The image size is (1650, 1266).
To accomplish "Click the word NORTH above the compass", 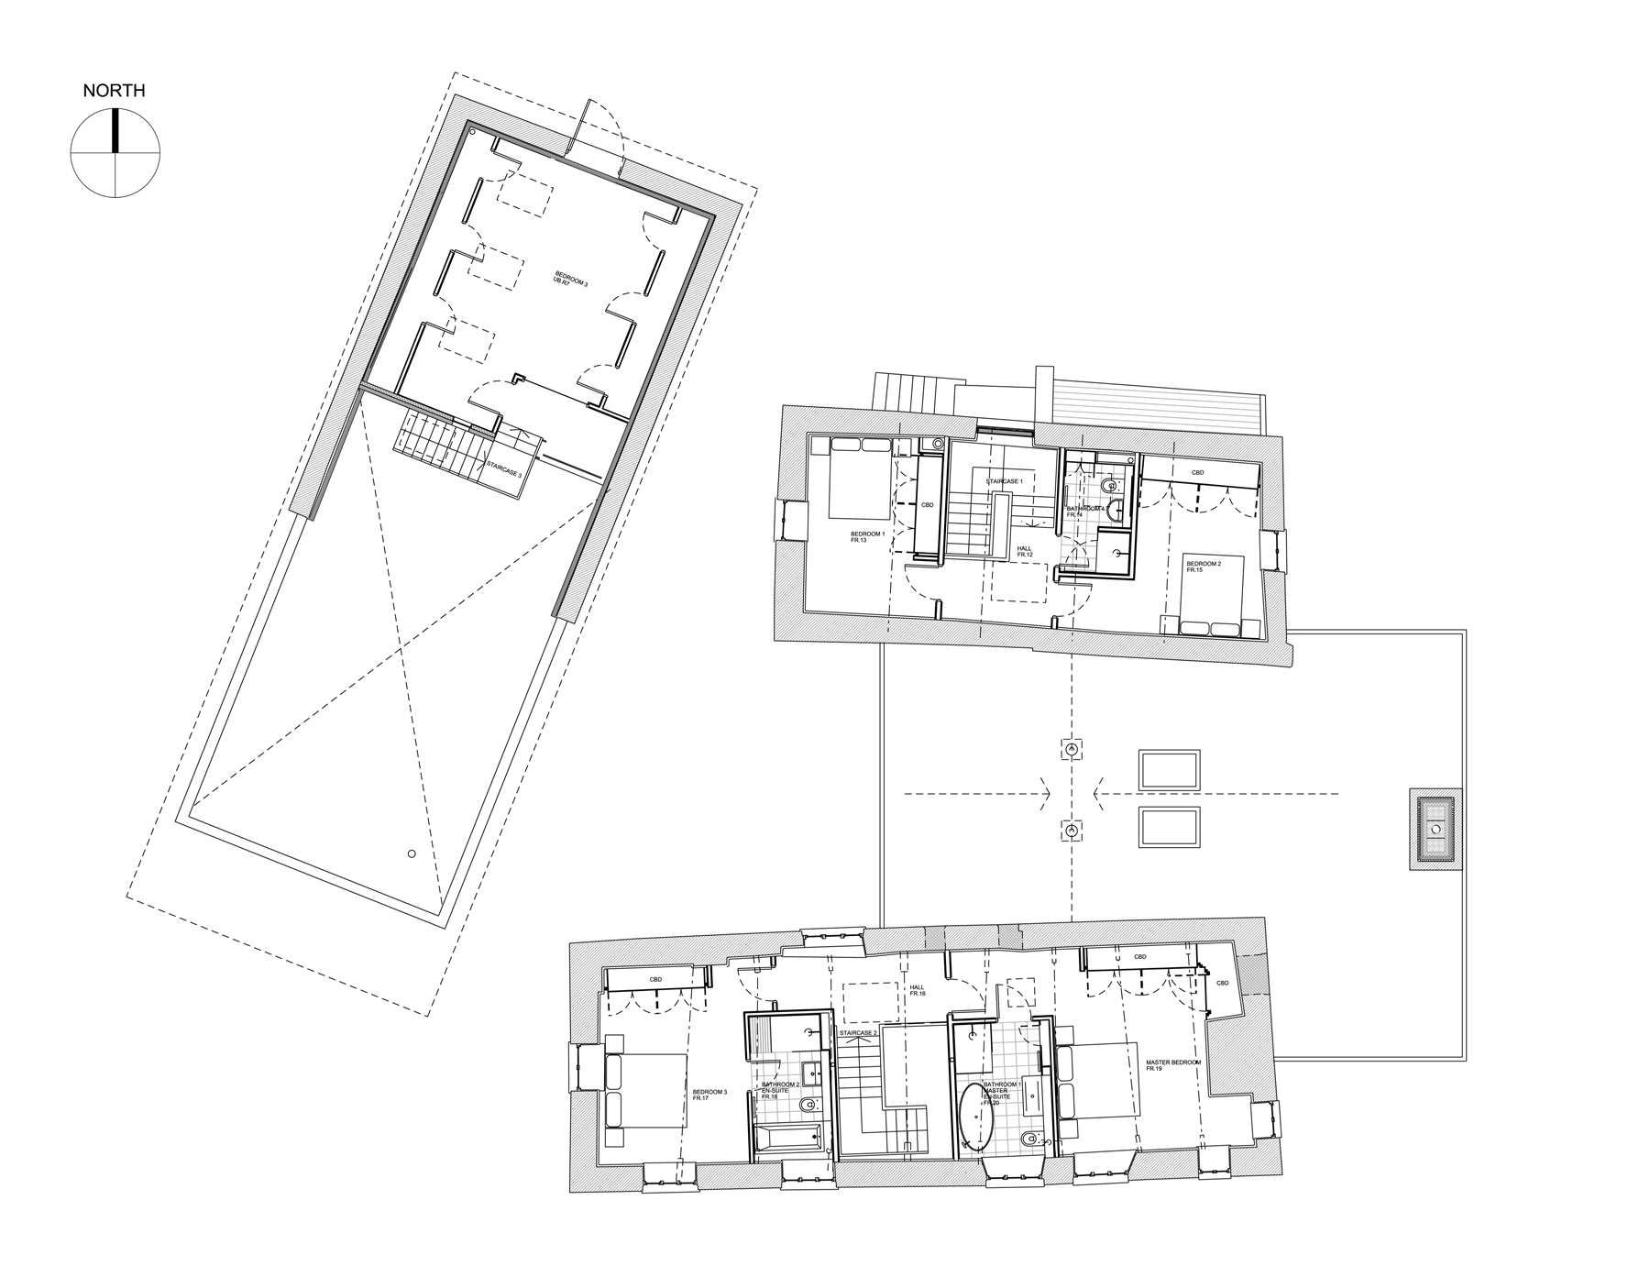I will tap(114, 91).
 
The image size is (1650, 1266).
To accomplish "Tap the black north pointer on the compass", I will tap(115, 130).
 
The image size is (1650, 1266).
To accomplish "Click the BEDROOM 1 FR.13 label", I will tap(866, 537).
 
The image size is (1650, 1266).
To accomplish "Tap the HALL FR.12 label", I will tap(1025, 552).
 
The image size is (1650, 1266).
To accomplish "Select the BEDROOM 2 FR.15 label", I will tap(1203, 567).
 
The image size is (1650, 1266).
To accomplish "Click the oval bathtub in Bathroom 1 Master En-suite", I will tap(976, 1117).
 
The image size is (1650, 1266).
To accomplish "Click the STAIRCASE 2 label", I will tap(858, 1033).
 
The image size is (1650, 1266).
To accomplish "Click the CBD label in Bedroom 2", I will tap(1197, 473).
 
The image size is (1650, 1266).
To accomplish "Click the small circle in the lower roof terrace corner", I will tap(412, 853).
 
